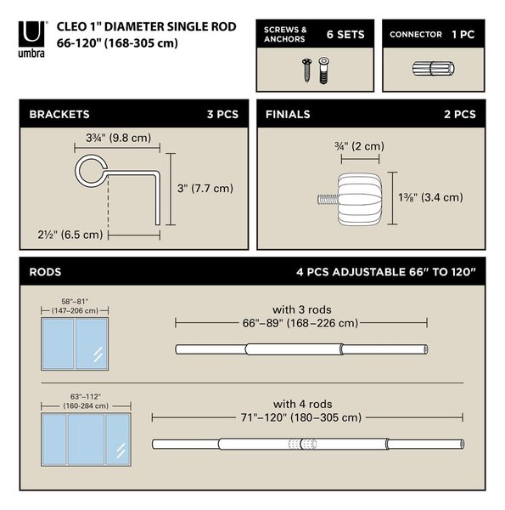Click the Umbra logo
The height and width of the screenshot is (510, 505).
tap(31, 39)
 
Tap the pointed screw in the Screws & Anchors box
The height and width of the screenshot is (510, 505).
tap(307, 70)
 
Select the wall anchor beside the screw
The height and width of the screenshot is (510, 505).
tap(323, 71)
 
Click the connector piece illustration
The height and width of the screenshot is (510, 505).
tap(433, 69)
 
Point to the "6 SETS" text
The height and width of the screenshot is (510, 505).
tap(345, 35)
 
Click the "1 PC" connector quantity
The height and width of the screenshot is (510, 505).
tap(463, 35)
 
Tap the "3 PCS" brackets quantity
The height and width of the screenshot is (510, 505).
tap(222, 115)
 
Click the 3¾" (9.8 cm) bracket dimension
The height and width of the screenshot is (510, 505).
tap(119, 138)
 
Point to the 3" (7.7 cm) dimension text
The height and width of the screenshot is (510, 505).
tap(205, 189)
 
